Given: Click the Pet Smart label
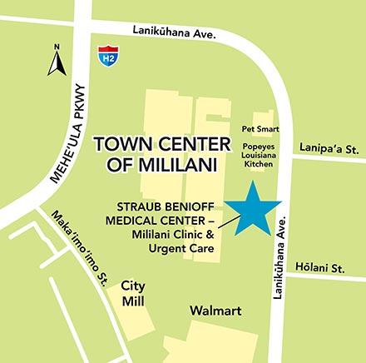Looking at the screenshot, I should point(261,130).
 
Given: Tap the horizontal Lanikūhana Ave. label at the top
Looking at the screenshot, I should point(174,32).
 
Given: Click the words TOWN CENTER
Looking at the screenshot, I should point(159,143).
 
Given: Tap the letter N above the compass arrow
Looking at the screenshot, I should point(57,47).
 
